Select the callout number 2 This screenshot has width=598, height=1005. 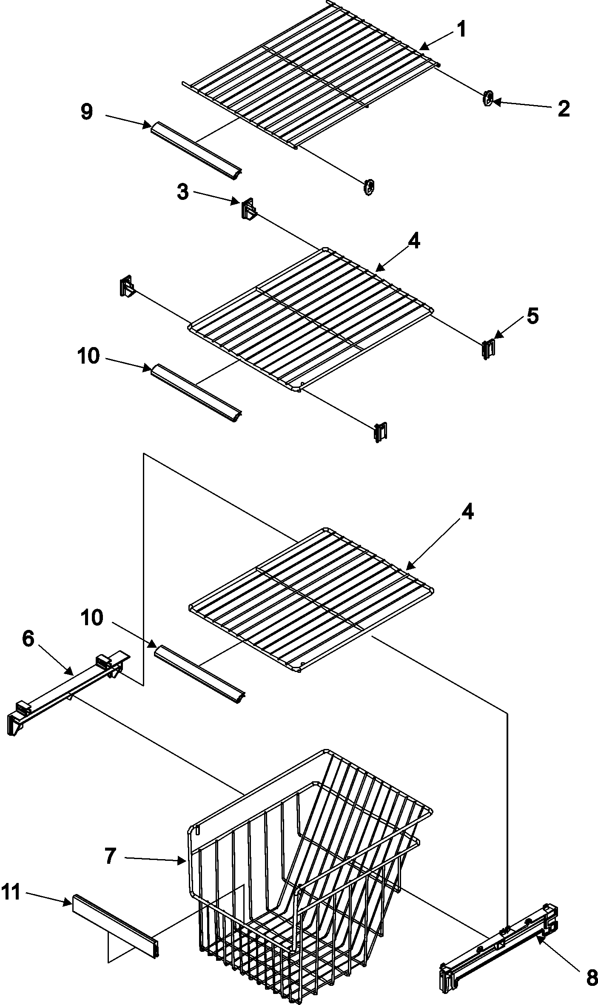[564, 109]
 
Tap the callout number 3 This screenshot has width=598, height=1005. [182, 192]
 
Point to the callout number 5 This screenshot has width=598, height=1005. [533, 316]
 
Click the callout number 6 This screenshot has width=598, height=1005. [28, 639]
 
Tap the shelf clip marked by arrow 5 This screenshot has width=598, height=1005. [488, 349]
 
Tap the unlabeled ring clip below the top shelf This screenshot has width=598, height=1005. [369, 186]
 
